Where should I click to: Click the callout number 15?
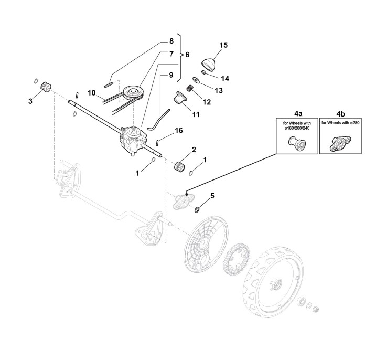tap(223, 45)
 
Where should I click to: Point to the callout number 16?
tap(178, 130)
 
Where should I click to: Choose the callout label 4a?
tap(296, 112)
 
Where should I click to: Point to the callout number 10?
tap(91, 93)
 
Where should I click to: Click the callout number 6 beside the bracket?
tap(187, 54)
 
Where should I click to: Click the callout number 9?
tap(170, 75)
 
